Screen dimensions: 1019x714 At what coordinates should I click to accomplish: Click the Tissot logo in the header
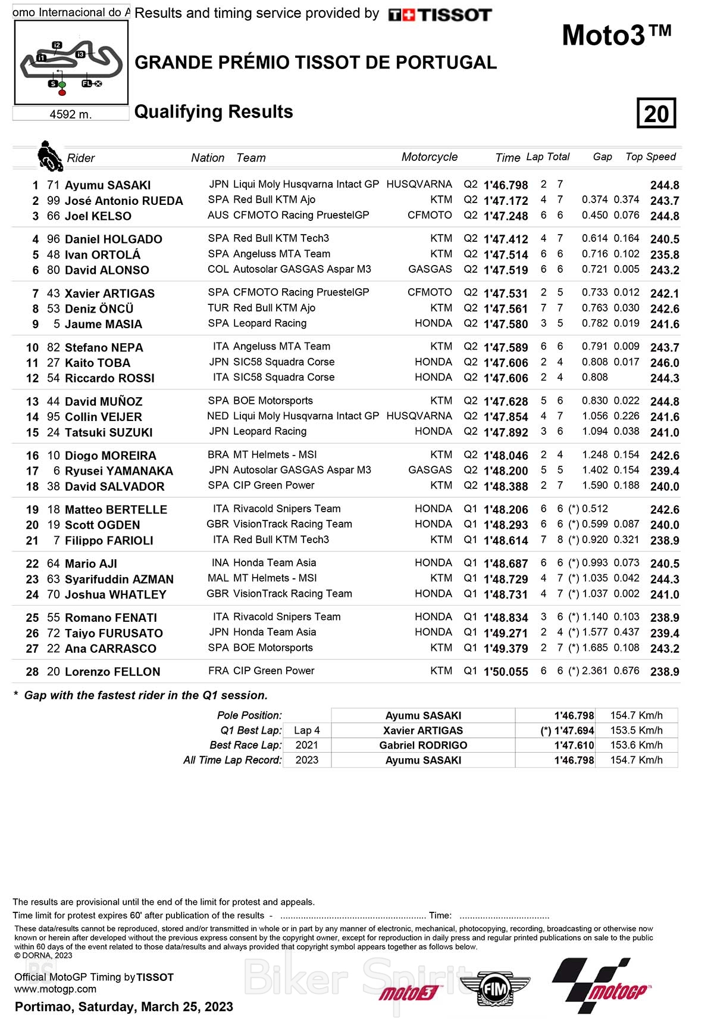click(x=440, y=15)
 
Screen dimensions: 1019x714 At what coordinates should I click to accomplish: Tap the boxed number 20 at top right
click(x=656, y=113)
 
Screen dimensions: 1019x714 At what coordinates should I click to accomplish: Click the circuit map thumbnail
click(x=71, y=63)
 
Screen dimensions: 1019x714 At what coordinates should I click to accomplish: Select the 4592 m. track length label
click(x=71, y=114)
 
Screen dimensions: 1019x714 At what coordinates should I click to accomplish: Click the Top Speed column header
click(x=650, y=157)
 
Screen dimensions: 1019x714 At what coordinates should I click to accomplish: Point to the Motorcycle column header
click(x=429, y=157)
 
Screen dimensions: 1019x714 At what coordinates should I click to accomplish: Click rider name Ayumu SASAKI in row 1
click(x=108, y=185)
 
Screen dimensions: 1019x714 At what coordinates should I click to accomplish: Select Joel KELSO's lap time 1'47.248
click(x=506, y=216)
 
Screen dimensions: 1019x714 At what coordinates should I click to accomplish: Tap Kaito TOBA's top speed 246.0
click(x=665, y=363)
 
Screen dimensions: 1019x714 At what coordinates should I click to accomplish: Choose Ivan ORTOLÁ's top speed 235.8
click(x=665, y=254)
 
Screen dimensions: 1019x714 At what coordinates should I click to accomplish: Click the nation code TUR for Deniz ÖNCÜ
click(x=218, y=308)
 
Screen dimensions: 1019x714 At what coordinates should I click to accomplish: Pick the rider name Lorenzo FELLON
click(x=112, y=672)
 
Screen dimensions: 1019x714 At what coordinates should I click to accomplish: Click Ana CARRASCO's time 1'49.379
click(x=506, y=649)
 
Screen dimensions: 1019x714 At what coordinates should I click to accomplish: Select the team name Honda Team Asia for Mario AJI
click(x=274, y=563)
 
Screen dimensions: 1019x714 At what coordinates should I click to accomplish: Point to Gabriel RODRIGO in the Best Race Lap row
click(x=423, y=745)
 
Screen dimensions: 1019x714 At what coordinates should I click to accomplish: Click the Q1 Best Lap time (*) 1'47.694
click(x=567, y=731)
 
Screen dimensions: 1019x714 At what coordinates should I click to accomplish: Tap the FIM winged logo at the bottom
click(x=494, y=990)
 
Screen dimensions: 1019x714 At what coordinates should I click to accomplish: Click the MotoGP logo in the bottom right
click(x=601, y=986)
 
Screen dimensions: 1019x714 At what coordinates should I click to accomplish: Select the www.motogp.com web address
click(x=55, y=989)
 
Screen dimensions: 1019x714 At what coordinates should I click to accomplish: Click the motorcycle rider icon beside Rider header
click(x=49, y=156)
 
